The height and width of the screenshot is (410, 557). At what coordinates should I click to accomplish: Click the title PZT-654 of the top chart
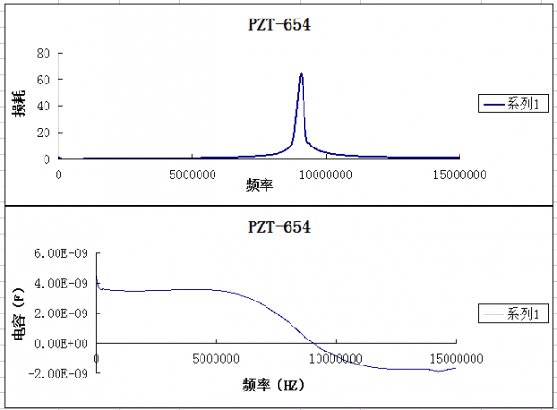point(278,25)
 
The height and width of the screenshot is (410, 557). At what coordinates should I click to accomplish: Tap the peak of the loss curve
point(301,74)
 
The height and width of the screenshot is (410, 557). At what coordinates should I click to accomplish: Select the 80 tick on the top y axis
point(43,53)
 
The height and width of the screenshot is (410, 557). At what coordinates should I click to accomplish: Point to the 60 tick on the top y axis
point(43,80)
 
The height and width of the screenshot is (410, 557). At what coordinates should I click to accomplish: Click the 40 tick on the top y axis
point(43,106)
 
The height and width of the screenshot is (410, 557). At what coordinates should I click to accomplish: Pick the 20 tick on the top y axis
point(43,133)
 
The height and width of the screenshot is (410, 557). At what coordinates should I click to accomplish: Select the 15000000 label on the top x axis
point(460,173)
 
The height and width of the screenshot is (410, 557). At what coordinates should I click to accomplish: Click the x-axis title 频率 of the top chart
point(259,186)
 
